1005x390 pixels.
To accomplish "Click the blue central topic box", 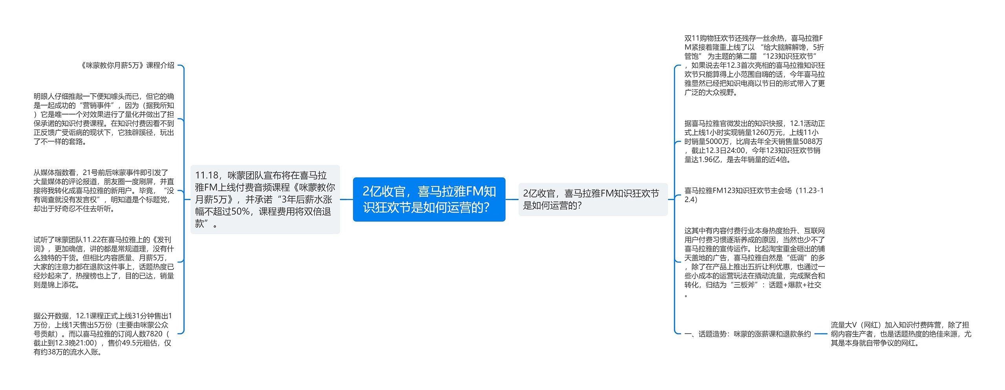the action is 429,199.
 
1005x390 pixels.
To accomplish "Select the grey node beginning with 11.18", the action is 265,199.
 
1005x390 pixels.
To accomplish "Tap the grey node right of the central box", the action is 592,199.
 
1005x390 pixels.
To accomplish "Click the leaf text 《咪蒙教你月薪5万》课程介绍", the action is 127,66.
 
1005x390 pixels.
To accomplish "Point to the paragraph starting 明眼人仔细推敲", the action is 104,119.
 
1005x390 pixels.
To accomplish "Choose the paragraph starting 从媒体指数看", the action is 104,191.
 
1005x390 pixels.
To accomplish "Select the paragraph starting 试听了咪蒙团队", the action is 104,262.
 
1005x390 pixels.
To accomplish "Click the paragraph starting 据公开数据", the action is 103,334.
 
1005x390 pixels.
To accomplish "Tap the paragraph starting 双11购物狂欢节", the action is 754,66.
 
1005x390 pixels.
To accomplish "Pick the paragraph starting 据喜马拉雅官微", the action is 754,141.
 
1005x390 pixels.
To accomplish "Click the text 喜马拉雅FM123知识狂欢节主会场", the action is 754,195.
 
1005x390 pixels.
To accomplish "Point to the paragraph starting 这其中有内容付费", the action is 754,262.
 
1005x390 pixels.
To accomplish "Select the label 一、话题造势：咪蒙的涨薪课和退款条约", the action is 747,334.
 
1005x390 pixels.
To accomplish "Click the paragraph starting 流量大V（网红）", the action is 901,334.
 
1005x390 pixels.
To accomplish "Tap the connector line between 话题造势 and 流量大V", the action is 820,334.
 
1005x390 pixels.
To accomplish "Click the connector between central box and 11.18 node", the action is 346,199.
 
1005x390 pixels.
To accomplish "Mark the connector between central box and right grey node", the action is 512,199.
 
